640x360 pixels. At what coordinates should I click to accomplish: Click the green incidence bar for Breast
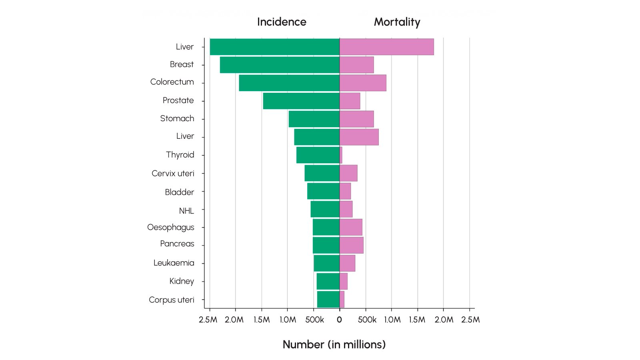click(x=280, y=65)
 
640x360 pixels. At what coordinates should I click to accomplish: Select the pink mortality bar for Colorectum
click(x=363, y=83)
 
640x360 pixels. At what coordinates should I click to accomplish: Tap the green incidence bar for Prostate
click(x=301, y=101)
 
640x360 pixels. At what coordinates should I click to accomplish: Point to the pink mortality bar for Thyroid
click(x=341, y=155)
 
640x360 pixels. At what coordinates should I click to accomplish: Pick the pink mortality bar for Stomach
click(x=356, y=119)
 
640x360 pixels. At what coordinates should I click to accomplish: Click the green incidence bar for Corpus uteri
click(x=328, y=299)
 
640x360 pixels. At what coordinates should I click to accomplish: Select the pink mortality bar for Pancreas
click(x=351, y=245)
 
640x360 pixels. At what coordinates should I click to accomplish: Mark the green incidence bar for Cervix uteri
click(x=322, y=173)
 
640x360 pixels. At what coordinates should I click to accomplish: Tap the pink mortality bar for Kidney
click(x=343, y=281)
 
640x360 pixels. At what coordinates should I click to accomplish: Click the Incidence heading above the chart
click(x=282, y=22)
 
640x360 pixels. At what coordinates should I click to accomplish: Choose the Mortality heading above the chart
click(x=397, y=22)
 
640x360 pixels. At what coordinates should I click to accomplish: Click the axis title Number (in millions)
click(x=334, y=344)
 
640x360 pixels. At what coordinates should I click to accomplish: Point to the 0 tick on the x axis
click(x=339, y=320)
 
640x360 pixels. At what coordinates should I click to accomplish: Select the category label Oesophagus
click(x=171, y=227)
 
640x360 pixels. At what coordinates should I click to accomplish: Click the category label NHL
click(x=186, y=211)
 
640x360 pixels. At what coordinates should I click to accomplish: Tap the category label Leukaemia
click(x=174, y=263)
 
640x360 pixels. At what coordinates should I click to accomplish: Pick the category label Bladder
click(x=179, y=192)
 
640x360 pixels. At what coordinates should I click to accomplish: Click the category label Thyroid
click(x=180, y=155)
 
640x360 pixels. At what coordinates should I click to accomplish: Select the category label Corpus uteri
click(x=172, y=300)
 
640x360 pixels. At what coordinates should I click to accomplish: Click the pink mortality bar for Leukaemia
click(x=347, y=263)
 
